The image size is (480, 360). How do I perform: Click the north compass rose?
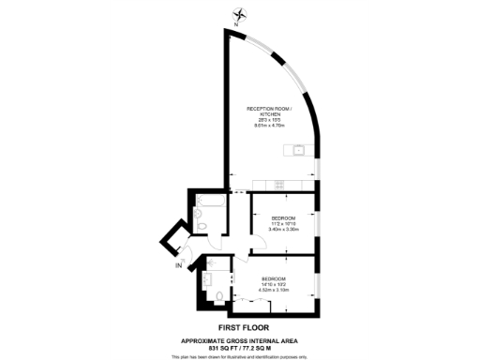(242, 14)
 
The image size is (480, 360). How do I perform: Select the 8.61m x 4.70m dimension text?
(269, 127)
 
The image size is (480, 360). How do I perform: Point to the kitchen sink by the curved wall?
(299, 150)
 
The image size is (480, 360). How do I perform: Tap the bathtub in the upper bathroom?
(209, 201)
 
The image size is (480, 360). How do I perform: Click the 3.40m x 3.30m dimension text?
(284, 229)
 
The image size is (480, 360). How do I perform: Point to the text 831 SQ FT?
(213, 348)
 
